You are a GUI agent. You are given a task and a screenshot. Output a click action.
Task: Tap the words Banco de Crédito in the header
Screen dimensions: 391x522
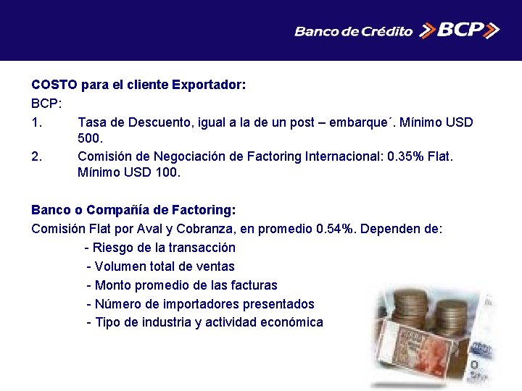point(353,31)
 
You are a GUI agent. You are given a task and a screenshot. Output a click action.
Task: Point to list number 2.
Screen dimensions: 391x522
point(37,155)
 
